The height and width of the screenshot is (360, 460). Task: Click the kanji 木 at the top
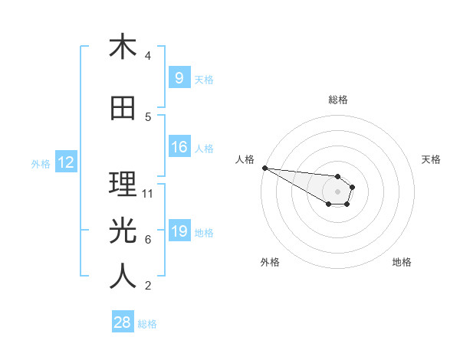123,47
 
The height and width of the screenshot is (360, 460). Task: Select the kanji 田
123,109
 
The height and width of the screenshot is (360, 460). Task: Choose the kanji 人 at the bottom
123,277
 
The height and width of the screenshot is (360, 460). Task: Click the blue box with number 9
179,77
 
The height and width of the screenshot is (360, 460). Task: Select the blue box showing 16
179,147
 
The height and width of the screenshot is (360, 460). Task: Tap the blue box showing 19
179,231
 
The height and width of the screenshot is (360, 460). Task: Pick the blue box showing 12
65,162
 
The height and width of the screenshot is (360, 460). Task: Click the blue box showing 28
123,322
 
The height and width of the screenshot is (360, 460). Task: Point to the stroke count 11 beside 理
148,194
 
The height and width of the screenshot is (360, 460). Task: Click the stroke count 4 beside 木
148,56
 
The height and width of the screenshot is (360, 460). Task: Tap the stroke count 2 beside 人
148,286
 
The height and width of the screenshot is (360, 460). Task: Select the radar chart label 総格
338,100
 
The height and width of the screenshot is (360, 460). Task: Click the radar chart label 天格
432,159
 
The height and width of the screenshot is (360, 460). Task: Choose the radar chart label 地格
402,262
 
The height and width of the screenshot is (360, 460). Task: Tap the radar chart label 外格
270,262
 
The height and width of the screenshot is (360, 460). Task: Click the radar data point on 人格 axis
264,168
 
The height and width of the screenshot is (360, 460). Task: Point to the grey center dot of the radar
337,191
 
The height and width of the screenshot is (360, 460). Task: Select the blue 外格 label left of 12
40,163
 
